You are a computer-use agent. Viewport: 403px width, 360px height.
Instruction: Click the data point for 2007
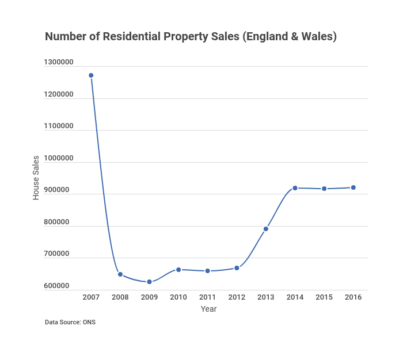coord(91,75)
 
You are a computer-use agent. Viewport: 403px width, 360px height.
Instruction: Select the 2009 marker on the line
coord(149,282)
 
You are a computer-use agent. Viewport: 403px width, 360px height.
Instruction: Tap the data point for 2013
coord(266,229)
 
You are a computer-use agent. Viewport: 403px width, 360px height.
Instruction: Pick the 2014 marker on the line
coord(295,188)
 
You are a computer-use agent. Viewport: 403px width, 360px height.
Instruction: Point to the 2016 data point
coord(353,187)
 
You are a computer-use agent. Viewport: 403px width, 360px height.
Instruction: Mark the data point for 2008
coord(120,274)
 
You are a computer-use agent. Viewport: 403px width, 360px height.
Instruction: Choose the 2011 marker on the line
coord(207,271)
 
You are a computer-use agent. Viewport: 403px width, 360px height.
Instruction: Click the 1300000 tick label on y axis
coord(58,62)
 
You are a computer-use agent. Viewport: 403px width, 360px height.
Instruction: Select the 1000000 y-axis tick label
coord(58,158)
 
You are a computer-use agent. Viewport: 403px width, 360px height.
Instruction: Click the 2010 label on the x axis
coord(178,297)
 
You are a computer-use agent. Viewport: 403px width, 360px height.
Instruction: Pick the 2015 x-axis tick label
coord(324,297)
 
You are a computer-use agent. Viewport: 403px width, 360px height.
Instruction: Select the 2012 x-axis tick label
coord(237,297)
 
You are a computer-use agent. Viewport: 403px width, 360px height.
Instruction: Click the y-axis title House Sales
coord(36,178)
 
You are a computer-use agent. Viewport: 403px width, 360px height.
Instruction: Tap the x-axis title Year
coord(208,309)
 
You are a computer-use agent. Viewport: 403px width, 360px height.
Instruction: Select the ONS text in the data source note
coord(89,322)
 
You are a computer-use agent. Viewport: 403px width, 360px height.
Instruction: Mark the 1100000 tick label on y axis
coord(58,126)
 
